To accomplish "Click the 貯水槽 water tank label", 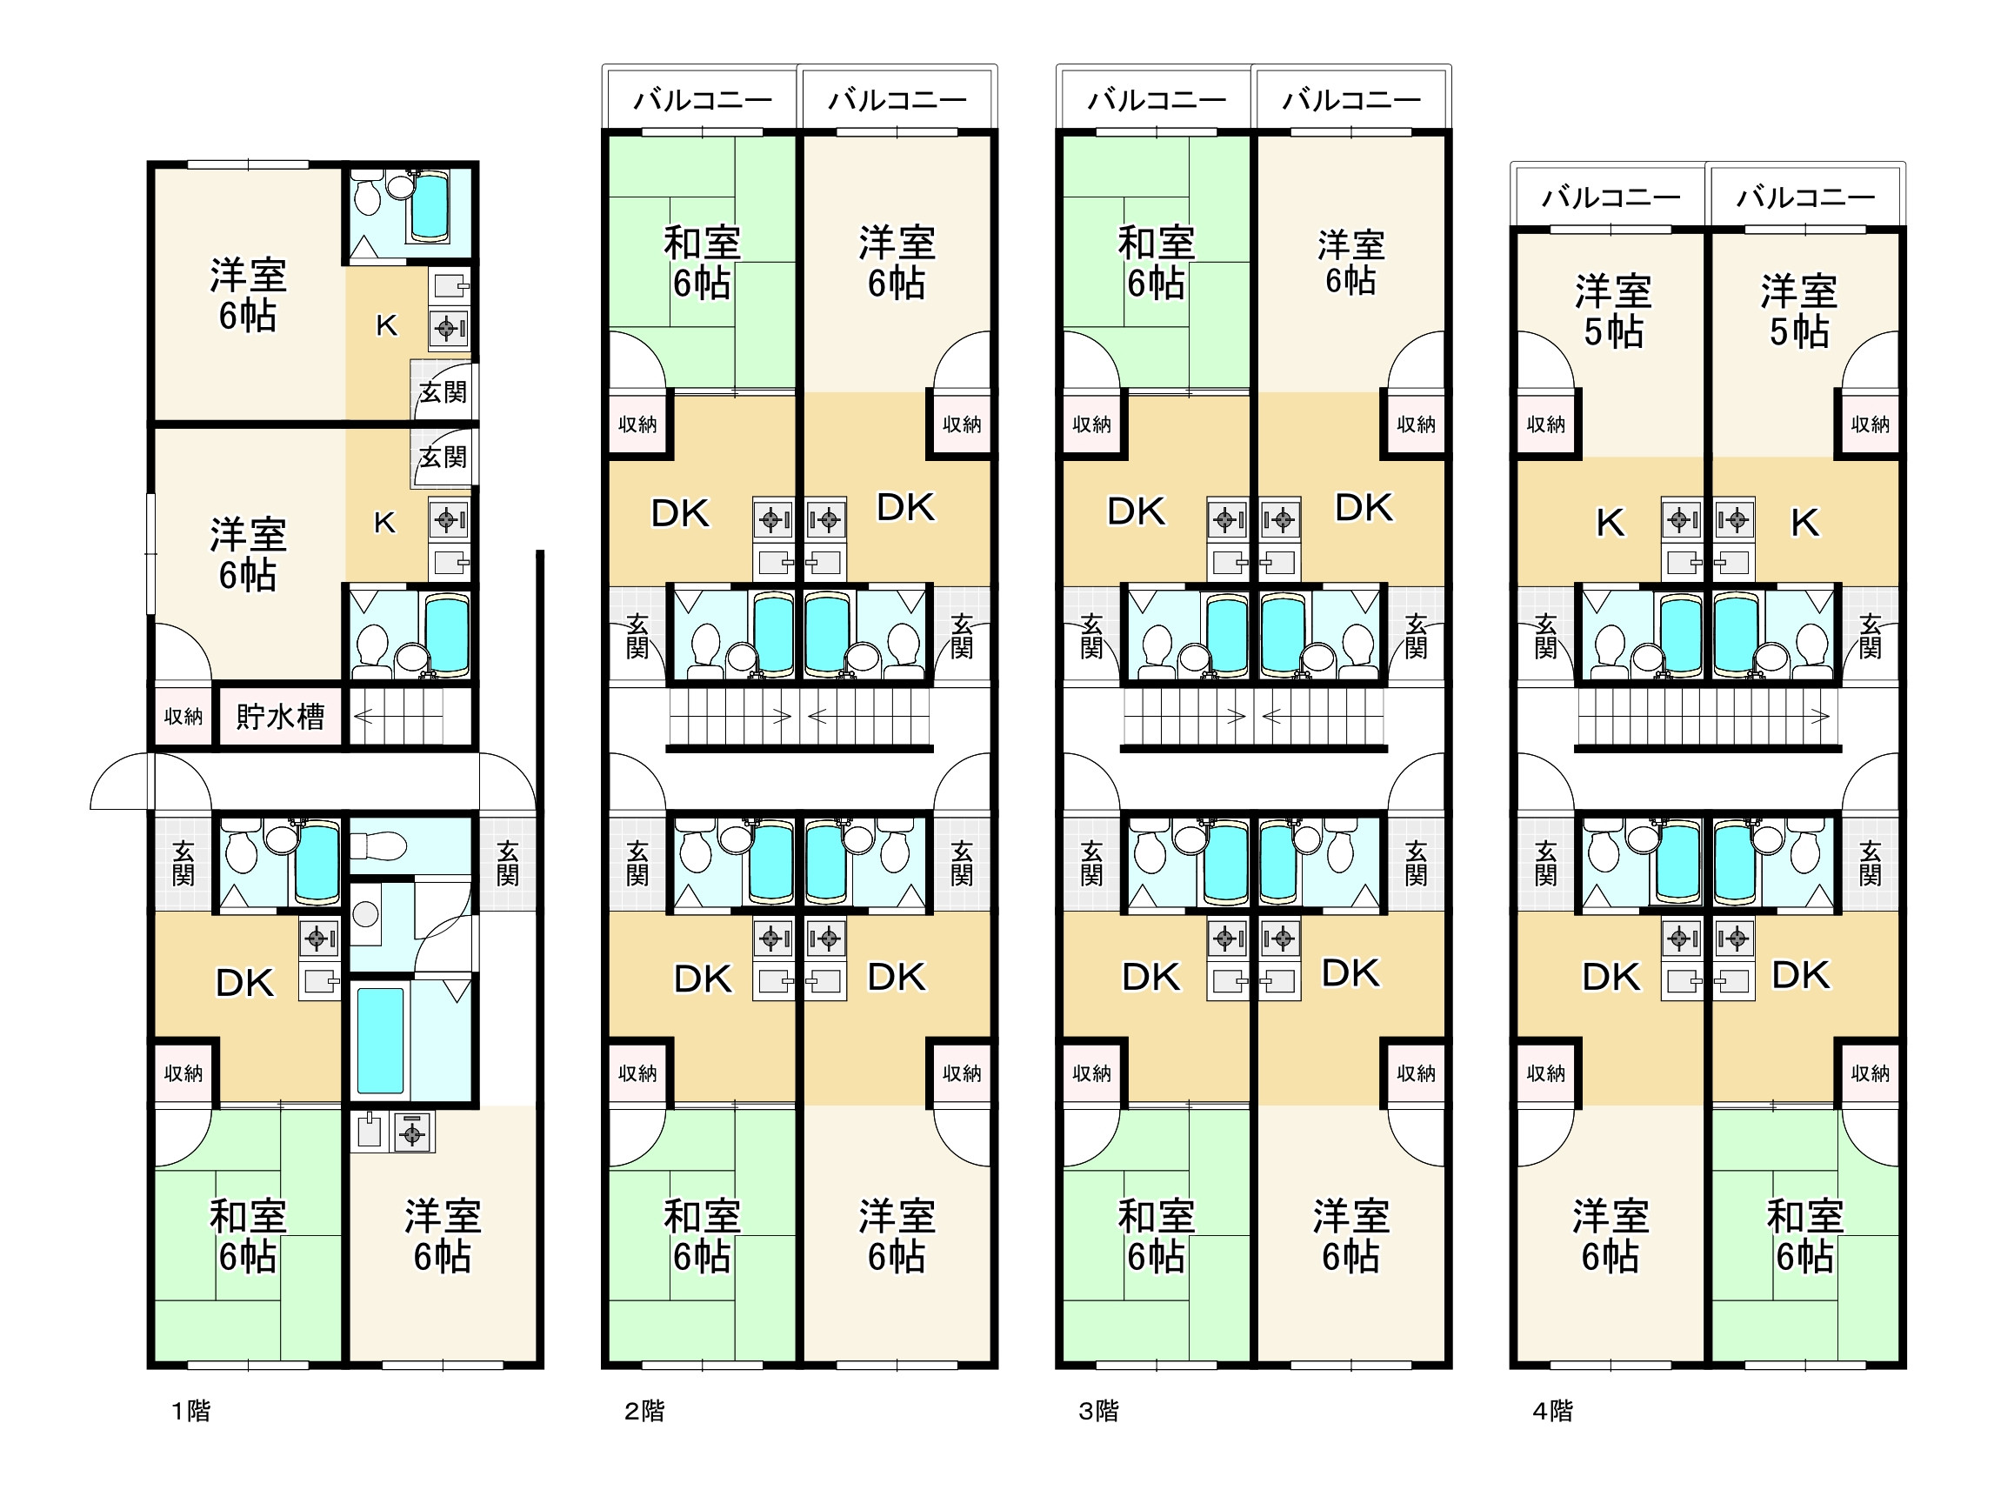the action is [280, 717].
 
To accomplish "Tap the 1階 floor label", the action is [191, 1411].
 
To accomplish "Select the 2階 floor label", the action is [644, 1411].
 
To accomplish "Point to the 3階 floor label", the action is [1099, 1411].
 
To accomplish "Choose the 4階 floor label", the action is [1553, 1411].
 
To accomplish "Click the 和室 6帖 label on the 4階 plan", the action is [1804, 1237].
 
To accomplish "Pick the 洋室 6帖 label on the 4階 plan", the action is [1611, 1237].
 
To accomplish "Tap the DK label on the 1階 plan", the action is [245, 983].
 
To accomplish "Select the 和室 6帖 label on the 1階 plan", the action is [248, 1237].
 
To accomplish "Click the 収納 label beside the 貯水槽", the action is [183, 717].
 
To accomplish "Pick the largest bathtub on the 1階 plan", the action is [380, 1041].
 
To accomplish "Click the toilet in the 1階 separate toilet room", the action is [378, 847].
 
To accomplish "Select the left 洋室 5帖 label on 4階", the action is [1614, 312].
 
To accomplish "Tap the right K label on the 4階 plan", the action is [1804, 523].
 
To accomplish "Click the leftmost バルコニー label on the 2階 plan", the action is [703, 99].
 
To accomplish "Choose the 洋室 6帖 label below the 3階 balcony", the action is [1350, 263].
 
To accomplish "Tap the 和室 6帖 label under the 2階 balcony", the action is [703, 263].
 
